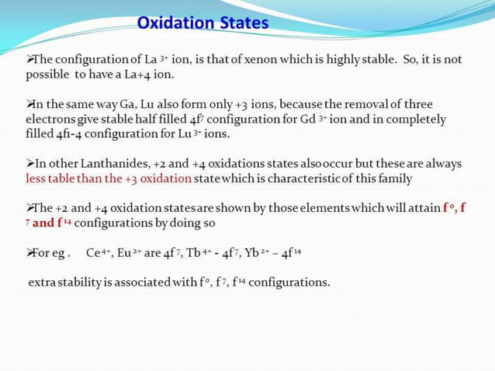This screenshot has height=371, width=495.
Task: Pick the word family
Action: tap(395, 179)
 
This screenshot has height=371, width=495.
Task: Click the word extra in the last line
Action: tap(43, 282)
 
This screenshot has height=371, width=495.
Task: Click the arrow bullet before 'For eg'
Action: tap(31, 252)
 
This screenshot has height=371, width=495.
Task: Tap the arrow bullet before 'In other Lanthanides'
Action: tap(31, 164)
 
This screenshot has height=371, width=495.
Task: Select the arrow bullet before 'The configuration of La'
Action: tap(31, 60)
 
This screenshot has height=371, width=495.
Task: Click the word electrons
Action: tap(52, 120)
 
